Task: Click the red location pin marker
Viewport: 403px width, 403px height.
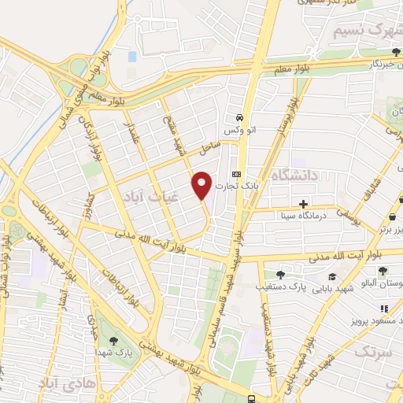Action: click(x=202, y=184)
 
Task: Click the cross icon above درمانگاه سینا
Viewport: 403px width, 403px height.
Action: click(x=303, y=203)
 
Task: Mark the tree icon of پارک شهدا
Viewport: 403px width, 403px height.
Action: click(x=114, y=341)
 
